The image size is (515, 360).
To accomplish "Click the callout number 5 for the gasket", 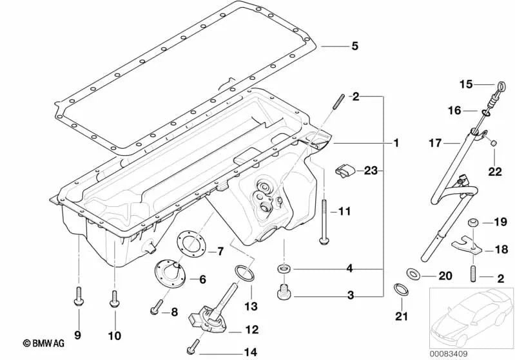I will (354, 46).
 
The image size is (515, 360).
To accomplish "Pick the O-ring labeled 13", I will (240, 273).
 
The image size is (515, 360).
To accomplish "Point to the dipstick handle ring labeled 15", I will (500, 84).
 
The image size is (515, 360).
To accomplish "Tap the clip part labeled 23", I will (345, 171).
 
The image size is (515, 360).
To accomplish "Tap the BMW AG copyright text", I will (47, 343).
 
